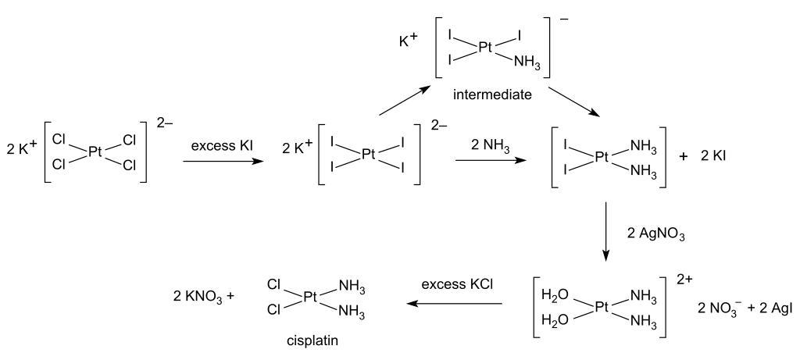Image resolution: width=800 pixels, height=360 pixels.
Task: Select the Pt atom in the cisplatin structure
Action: (312, 298)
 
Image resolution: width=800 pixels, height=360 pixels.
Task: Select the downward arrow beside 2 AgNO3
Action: (605, 231)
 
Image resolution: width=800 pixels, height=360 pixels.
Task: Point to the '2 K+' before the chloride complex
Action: (21, 150)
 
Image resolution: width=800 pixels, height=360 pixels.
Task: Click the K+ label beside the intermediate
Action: (408, 38)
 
